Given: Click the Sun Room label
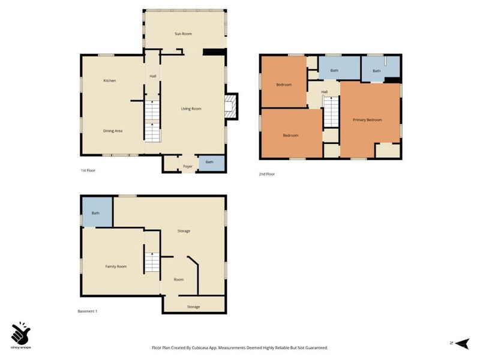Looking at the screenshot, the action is point(183,34).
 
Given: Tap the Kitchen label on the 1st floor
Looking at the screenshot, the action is point(110,80).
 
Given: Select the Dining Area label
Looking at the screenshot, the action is point(113,131).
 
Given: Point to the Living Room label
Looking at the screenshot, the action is point(191,109).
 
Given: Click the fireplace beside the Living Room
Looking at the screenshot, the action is point(231,106).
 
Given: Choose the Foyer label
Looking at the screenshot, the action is point(188,167).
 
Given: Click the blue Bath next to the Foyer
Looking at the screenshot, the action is point(212,164).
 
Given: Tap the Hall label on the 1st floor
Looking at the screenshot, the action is point(153,76).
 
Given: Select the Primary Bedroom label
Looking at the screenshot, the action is point(367,119).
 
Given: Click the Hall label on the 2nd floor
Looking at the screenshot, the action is point(325,92).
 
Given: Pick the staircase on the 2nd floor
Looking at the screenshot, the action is point(331,112).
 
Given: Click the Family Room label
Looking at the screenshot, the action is point(116,266).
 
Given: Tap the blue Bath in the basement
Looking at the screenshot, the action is point(97,212).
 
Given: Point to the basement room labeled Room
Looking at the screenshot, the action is point(178,280).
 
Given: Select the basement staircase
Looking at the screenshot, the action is point(152,262).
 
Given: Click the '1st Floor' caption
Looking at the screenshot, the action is point(88,170).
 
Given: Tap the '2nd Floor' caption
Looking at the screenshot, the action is point(266,174).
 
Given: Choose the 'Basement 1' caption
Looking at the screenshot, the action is point(87,311).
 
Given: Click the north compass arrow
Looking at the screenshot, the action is point(462,343).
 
